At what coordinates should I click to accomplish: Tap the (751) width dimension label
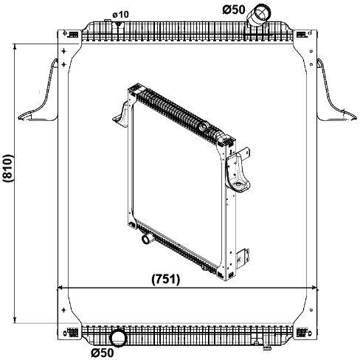[166, 280]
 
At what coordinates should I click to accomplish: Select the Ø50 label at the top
[234, 10]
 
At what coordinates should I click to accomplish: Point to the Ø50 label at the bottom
[103, 353]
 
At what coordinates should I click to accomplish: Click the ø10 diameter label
[120, 15]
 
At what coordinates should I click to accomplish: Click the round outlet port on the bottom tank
[119, 338]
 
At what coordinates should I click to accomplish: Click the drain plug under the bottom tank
[266, 348]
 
